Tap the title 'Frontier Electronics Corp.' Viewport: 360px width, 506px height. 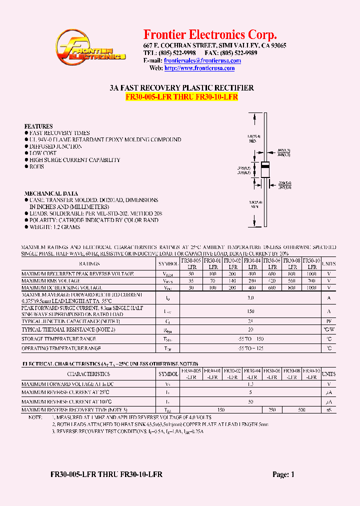coord(210,34)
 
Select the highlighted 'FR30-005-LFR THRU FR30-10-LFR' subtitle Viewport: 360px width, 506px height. coord(181,96)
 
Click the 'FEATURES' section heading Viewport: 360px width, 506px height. coord(38,126)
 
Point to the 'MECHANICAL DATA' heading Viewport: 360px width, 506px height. coord(51,193)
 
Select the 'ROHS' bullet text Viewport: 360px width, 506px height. coord(37,166)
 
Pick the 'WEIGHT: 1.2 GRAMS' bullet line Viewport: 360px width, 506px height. coord(54,227)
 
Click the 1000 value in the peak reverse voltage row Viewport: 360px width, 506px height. coord(311,274)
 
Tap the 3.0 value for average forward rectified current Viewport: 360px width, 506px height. coord(250,298)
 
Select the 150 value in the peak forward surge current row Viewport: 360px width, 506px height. coord(250,311)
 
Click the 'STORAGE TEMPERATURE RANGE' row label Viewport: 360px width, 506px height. coord(61,339)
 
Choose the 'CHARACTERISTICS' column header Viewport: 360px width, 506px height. coord(88,373)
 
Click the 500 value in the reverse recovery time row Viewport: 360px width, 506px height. coord(301,410)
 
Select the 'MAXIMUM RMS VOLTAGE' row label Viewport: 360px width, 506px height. coord(50,281)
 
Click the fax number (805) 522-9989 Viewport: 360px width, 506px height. coord(239,52)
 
